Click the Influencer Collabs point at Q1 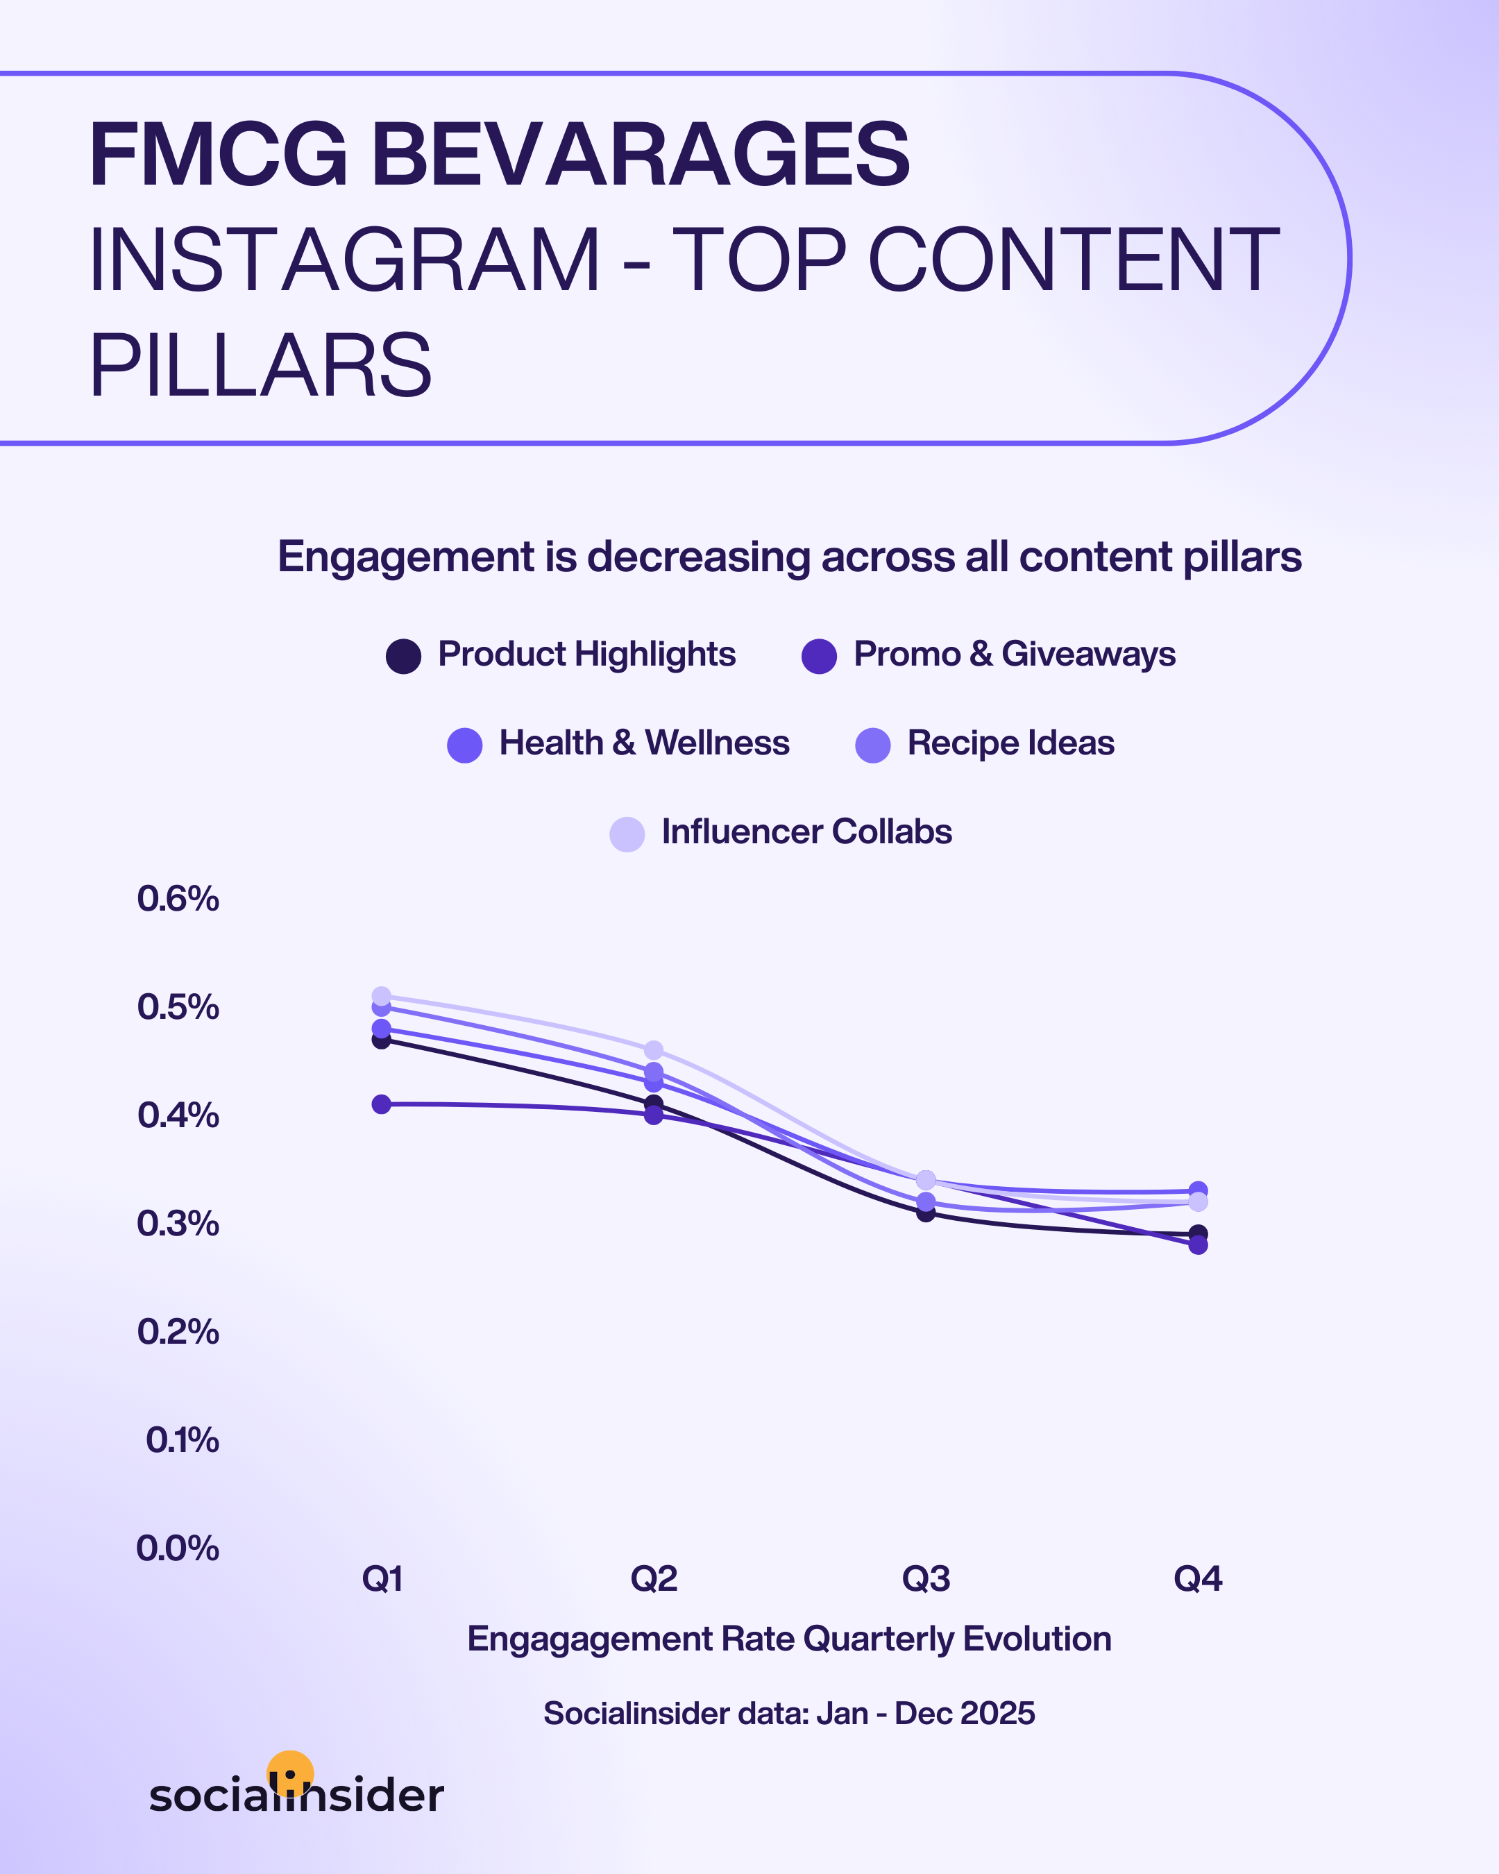382,996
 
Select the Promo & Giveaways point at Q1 382,1104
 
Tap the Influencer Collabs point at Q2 654,1050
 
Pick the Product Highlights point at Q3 926,1212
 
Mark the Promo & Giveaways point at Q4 1197,1244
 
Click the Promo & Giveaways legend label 1013,655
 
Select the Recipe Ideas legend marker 872,745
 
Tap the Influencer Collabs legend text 806,832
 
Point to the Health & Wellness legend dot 465,745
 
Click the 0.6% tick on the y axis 178,899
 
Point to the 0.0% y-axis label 178,1548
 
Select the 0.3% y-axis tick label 178,1224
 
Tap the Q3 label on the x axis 926,1578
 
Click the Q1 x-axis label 382,1578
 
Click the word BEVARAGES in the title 641,155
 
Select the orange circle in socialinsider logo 290,1771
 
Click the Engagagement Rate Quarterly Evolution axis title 789,1639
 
